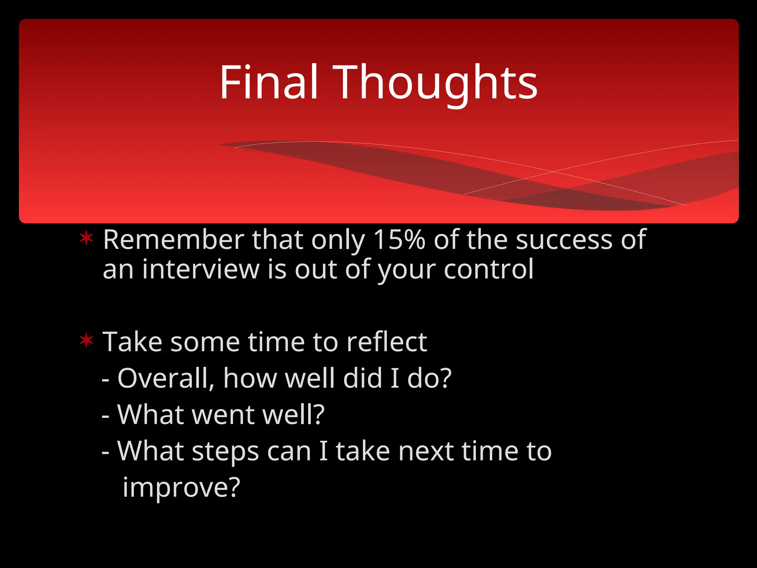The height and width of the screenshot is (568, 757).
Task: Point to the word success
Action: coord(564,240)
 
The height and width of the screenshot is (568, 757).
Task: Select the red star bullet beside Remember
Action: coord(86,239)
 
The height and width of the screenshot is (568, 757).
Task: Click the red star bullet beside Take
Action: coord(86,340)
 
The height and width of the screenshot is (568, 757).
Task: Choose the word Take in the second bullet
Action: coord(132,342)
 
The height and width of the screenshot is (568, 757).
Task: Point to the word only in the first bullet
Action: coord(338,240)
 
